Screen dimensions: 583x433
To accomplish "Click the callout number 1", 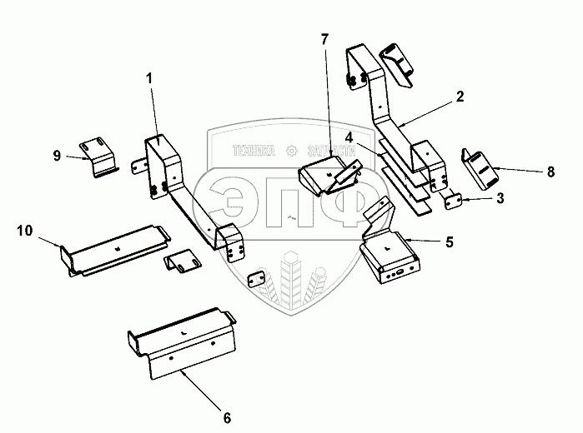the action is (150, 79).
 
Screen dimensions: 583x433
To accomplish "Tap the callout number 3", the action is (500, 200).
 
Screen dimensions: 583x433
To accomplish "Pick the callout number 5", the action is (450, 242).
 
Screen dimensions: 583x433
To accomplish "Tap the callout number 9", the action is (57, 155).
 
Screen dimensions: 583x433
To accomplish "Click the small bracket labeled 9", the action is (96, 157).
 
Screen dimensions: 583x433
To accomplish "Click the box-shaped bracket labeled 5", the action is (388, 254).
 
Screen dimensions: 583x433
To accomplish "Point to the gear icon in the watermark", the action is (291, 151).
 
